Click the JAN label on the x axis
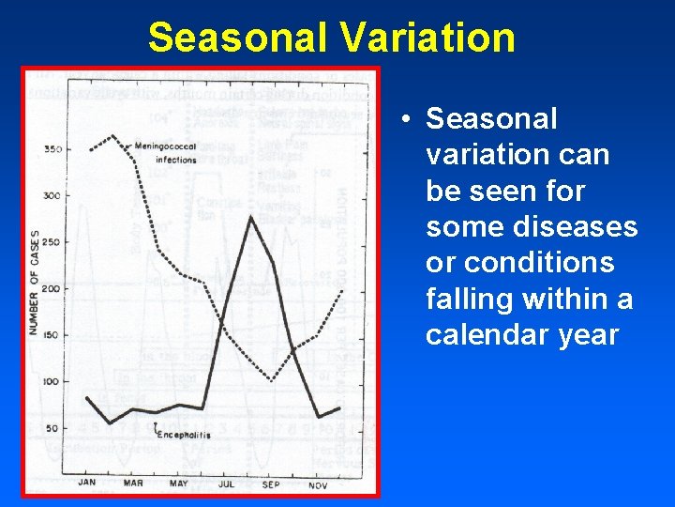tap(87, 483)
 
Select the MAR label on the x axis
tap(133, 483)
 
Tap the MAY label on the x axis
tap(179, 483)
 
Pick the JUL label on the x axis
tap(226, 483)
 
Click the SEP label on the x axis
tap(272, 483)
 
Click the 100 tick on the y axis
tap(52, 382)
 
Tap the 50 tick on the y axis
tap(53, 428)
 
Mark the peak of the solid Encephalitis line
tap(250, 217)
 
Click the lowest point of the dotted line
tap(272, 380)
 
